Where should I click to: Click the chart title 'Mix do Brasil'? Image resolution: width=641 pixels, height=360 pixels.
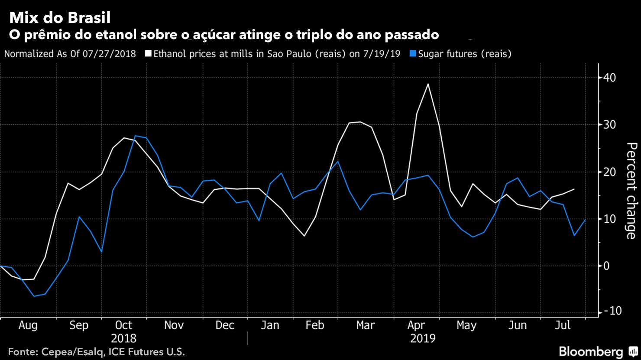point(60,18)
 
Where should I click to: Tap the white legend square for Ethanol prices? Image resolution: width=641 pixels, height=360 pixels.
point(149,54)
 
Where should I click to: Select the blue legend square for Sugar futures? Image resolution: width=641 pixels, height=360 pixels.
point(413,54)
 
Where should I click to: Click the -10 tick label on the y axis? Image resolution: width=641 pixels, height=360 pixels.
point(611,311)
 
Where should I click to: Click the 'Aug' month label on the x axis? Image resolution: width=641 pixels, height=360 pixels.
point(28,325)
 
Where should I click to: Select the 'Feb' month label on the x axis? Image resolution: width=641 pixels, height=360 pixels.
point(314,325)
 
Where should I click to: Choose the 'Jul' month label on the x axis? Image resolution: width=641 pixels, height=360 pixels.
point(563,325)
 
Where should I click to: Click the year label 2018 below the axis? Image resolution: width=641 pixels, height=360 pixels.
point(123,338)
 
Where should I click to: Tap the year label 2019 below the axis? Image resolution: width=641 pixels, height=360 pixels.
point(423,338)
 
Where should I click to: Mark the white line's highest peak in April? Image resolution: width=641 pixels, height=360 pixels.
point(428,84)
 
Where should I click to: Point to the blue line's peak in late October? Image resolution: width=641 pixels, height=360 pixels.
point(135,136)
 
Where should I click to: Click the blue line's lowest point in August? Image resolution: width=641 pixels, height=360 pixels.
point(34,296)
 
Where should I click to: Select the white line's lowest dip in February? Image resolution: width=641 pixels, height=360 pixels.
point(304,236)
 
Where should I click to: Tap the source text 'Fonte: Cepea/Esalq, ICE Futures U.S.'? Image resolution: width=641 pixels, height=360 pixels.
point(97,352)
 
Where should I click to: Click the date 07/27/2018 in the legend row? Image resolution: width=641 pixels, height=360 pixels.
point(109,54)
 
